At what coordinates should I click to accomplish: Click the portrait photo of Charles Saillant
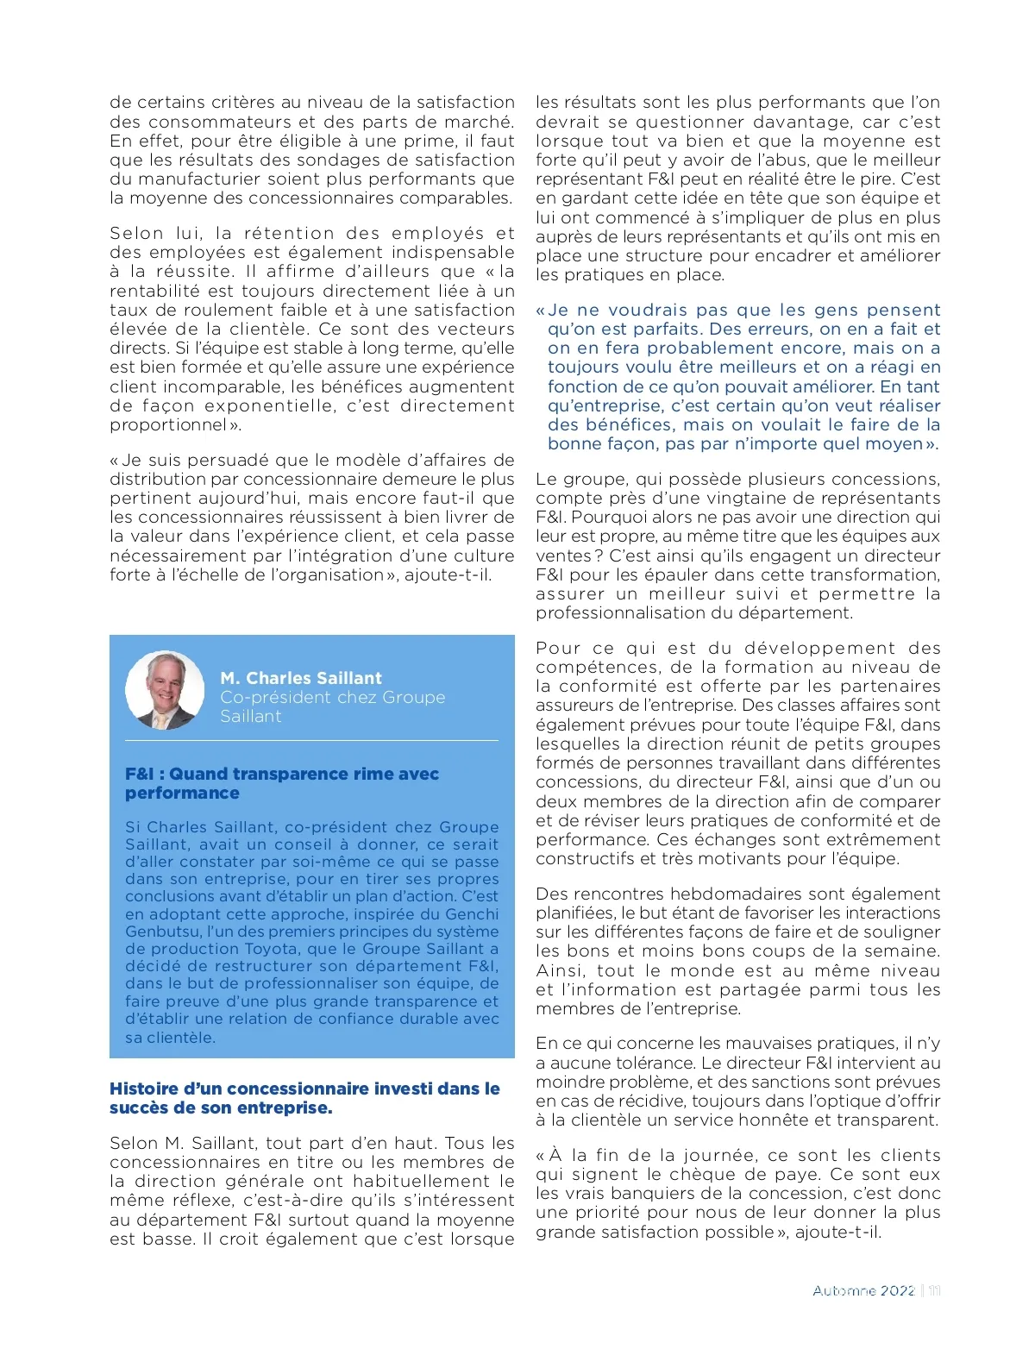tap(165, 690)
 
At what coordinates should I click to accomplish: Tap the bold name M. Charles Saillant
tap(300, 678)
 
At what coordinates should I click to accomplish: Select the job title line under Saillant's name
tap(332, 697)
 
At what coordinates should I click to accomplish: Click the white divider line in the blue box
tap(311, 740)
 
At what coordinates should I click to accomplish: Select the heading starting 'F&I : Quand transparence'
tap(281, 774)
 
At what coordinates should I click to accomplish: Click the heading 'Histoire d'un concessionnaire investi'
tap(304, 1089)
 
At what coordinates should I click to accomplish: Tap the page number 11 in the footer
tap(934, 1290)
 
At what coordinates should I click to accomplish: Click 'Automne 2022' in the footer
tap(863, 1290)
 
